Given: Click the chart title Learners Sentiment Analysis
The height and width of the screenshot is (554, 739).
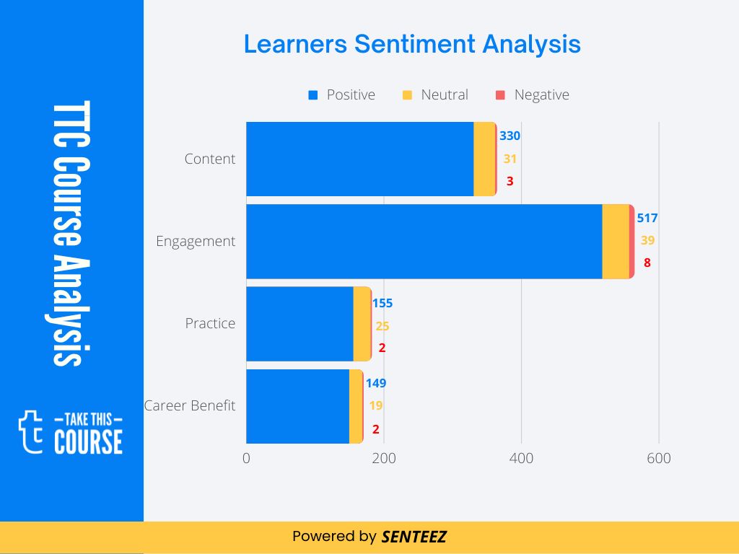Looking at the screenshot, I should tap(412, 44).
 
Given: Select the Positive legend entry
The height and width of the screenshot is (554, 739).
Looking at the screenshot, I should tap(342, 94).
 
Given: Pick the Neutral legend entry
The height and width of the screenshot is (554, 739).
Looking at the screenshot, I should tap(436, 94).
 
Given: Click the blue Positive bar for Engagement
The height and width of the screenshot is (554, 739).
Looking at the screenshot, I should tap(424, 241).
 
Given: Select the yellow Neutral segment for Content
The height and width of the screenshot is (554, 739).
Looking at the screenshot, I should tap(484, 159).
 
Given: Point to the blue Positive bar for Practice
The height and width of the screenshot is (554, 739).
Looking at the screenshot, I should tap(299, 323).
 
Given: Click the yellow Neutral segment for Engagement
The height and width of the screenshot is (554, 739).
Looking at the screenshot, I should tap(616, 241).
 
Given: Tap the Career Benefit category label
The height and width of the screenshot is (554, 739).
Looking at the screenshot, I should tap(190, 405).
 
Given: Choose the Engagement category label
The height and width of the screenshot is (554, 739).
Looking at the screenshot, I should tap(196, 241).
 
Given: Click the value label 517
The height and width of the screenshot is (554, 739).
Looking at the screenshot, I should tap(647, 218).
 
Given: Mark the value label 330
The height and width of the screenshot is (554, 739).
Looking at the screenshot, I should tap(510, 136).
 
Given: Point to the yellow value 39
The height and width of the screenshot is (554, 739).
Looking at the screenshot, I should tap(647, 240).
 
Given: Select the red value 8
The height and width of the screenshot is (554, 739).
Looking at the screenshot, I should tap(647, 263).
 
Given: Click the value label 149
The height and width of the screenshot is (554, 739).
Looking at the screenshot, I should tap(376, 383).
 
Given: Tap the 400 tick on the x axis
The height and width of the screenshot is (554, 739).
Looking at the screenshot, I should tap(521, 459).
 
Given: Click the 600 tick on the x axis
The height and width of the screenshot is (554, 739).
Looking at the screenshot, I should tap(658, 459).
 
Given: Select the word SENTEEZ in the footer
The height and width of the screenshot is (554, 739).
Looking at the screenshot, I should tap(414, 537).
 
